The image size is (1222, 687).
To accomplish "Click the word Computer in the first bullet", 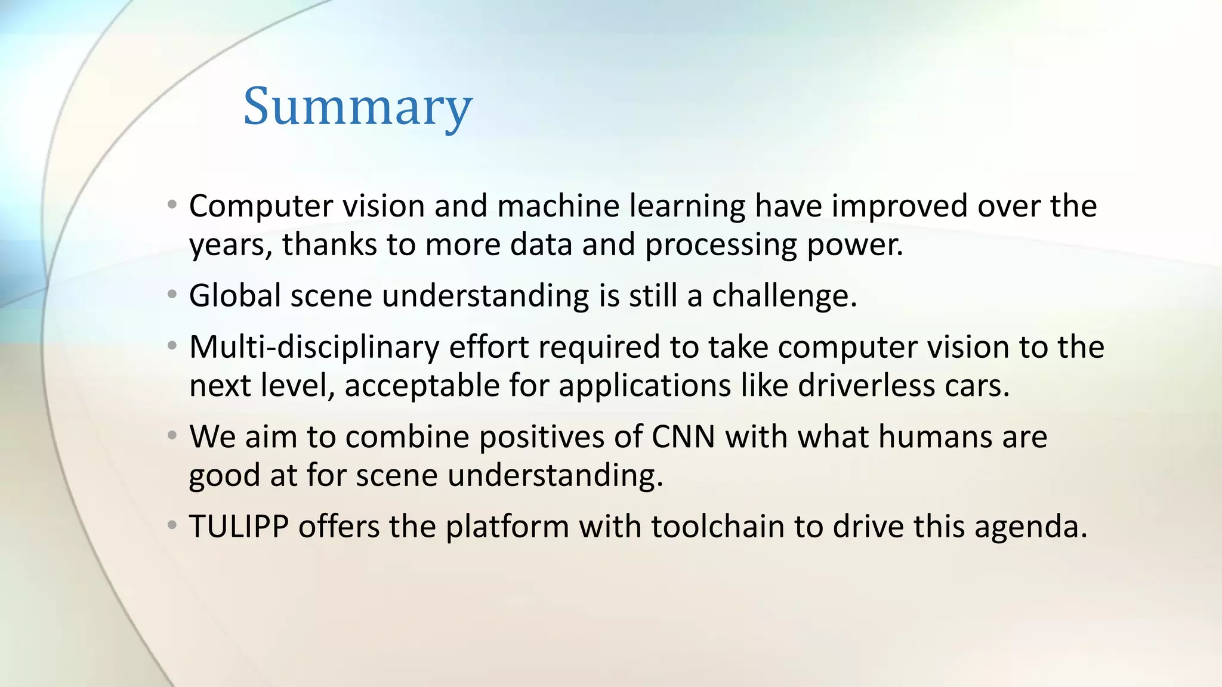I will [x=261, y=206].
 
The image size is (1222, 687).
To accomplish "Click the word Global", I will [x=234, y=296].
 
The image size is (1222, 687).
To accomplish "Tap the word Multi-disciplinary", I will [x=314, y=347].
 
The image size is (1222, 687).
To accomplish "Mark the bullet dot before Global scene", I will [x=172, y=295].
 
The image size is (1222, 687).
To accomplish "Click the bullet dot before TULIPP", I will [x=172, y=525].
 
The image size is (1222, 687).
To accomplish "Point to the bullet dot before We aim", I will [x=172, y=435].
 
